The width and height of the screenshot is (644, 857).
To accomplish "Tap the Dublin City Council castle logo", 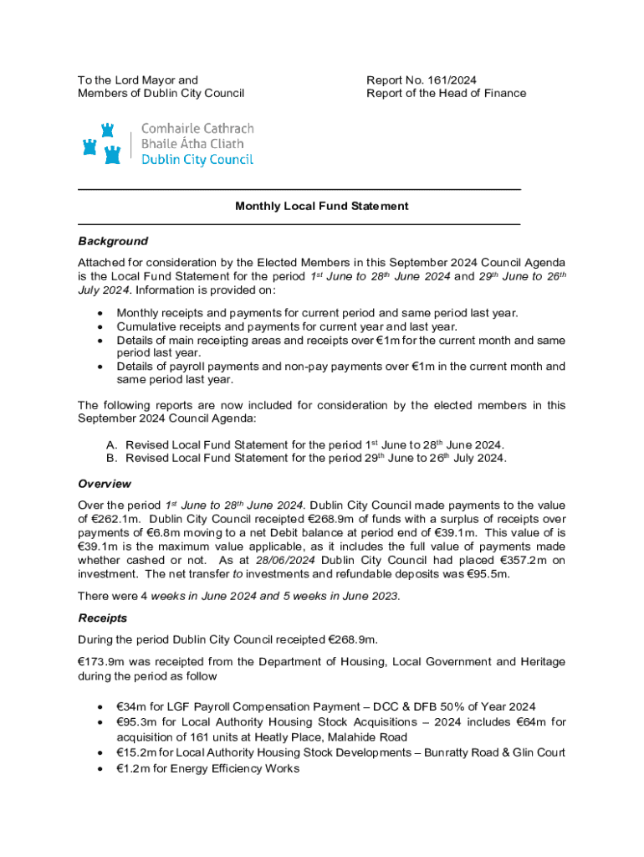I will (100, 141).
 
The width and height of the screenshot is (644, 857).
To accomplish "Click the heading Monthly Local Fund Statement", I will (321, 206).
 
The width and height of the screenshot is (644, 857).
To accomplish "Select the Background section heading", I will (113, 241).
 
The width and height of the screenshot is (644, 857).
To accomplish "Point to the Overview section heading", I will (105, 484).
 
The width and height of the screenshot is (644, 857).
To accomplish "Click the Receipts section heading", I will (102, 618).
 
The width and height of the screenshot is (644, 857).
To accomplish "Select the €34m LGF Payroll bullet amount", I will (130, 706).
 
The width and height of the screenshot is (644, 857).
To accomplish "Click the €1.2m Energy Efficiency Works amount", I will (134, 767).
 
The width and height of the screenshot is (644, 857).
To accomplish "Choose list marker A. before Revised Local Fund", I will (111, 444).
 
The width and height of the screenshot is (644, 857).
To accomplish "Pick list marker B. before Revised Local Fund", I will (111, 458).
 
